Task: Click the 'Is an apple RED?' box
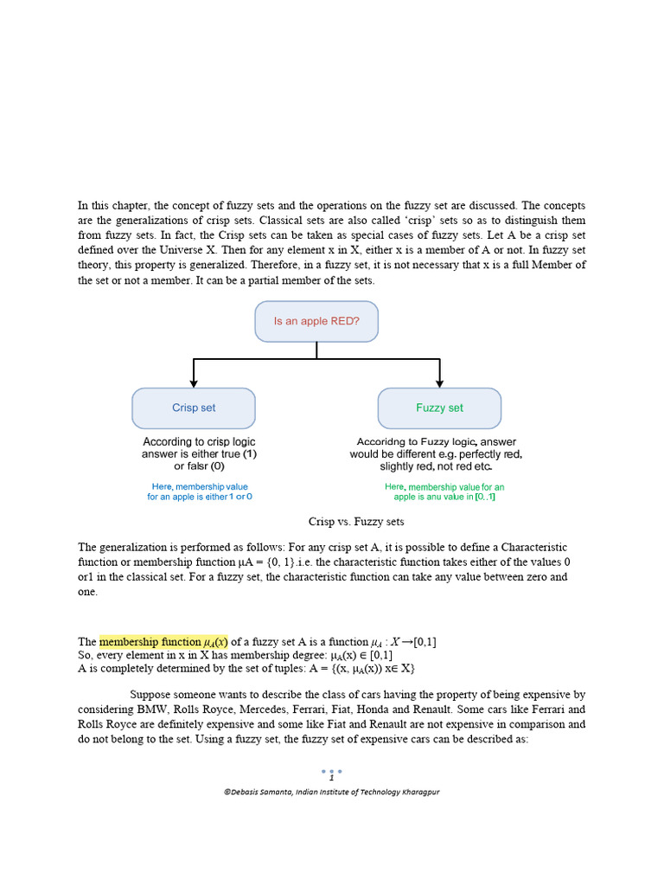click(x=316, y=321)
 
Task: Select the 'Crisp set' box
click(x=194, y=408)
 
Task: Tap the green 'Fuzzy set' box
click(x=439, y=408)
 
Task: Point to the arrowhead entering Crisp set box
click(x=194, y=382)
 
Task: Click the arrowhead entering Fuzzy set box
click(x=439, y=382)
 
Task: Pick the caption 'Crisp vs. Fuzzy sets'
click(x=356, y=522)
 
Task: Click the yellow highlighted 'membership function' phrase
click(x=163, y=642)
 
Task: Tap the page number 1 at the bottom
click(x=331, y=778)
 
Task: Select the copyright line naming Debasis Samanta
click(x=331, y=792)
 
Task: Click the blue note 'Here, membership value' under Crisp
click(x=200, y=487)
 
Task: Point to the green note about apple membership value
click(x=444, y=492)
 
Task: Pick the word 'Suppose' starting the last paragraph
click(x=151, y=695)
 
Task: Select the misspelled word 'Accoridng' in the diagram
click(x=382, y=441)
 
